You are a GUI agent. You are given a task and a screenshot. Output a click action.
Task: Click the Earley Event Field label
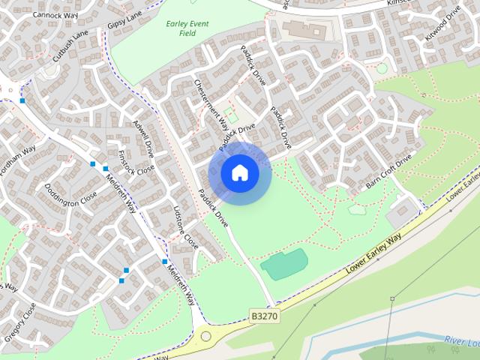[x=187, y=28]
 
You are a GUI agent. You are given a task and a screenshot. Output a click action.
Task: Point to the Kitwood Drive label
[x=443, y=27]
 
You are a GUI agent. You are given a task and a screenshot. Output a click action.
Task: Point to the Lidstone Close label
[x=185, y=227]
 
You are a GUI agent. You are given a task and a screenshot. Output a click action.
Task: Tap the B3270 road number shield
[x=264, y=316]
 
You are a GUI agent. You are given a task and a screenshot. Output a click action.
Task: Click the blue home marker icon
[x=240, y=173]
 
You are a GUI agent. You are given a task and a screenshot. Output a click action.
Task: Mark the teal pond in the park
[x=284, y=264]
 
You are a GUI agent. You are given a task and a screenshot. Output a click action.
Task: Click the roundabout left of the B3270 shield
[x=205, y=337]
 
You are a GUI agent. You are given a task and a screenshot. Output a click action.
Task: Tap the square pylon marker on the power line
[x=391, y=298]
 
